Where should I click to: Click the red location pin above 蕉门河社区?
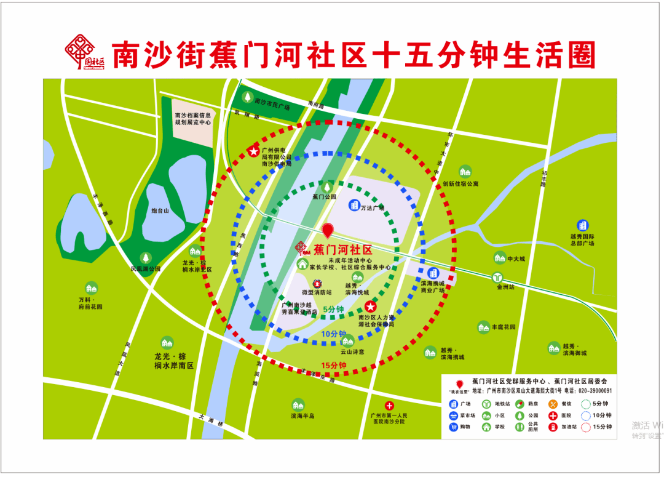coord(328,230)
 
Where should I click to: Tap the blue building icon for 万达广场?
coord(354,205)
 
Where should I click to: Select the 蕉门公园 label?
coord(325,197)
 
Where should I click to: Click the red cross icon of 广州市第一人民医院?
coord(389,406)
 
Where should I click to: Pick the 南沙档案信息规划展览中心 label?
coord(192,119)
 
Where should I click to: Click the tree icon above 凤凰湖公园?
coord(146,258)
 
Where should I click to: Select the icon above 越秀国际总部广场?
coord(582,225)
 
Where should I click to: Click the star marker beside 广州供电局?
coord(252,151)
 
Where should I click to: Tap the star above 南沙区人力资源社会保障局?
coord(371,307)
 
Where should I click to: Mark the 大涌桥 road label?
coord(208,417)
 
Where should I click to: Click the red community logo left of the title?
coord(85,55)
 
